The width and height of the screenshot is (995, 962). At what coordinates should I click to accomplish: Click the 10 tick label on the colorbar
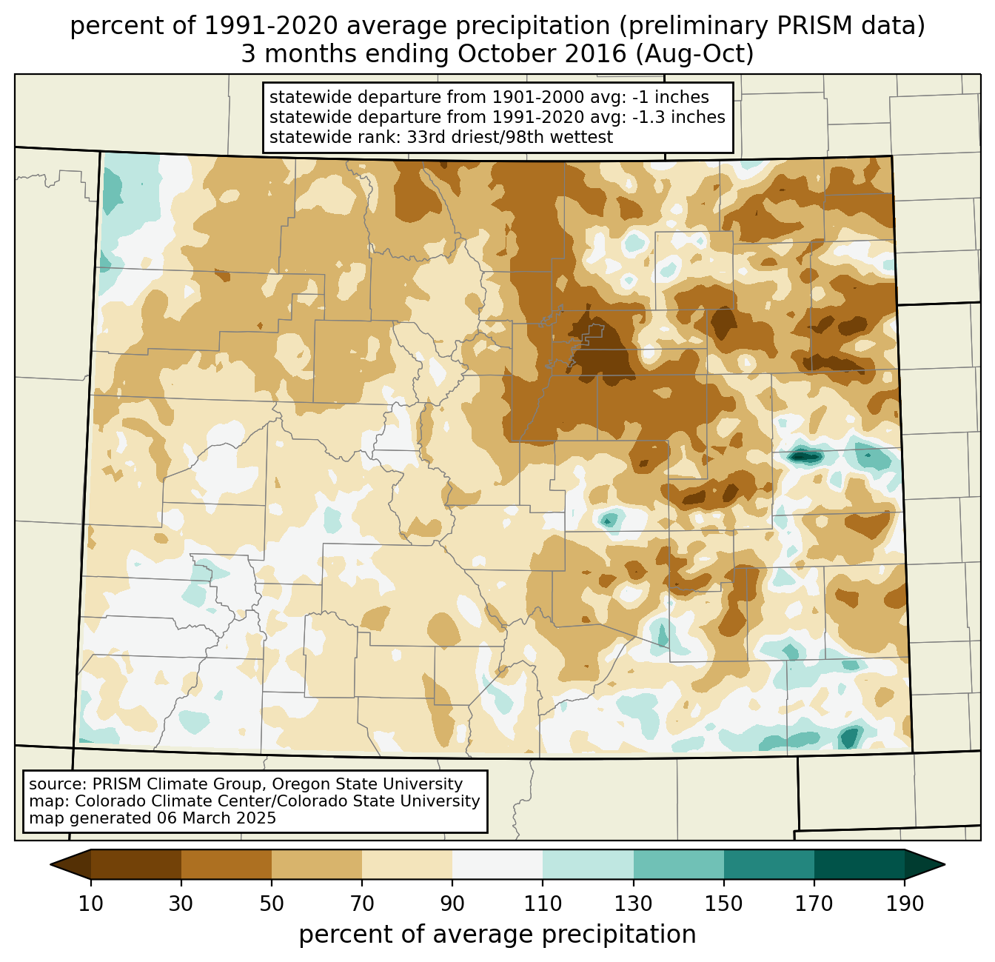(x=91, y=904)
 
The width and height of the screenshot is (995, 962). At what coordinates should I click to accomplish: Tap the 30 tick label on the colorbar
(x=181, y=904)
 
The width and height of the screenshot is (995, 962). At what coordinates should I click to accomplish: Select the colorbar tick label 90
(x=452, y=904)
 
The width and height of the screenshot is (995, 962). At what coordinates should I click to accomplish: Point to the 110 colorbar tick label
(x=543, y=904)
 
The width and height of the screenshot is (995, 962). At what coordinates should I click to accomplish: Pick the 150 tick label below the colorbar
(x=723, y=904)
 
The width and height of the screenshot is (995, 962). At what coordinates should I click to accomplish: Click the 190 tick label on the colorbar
(x=904, y=904)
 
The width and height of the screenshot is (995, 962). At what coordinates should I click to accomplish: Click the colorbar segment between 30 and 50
(x=227, y=864)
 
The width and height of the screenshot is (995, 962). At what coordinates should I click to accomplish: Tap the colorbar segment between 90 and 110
(x=497, y=864)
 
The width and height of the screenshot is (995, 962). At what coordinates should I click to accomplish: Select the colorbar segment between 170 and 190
(x=859, y=864)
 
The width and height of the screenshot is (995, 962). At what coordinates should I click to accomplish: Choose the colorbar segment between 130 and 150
(x=678, y=864)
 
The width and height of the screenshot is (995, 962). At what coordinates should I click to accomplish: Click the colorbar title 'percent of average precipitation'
(x=497, y=935)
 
